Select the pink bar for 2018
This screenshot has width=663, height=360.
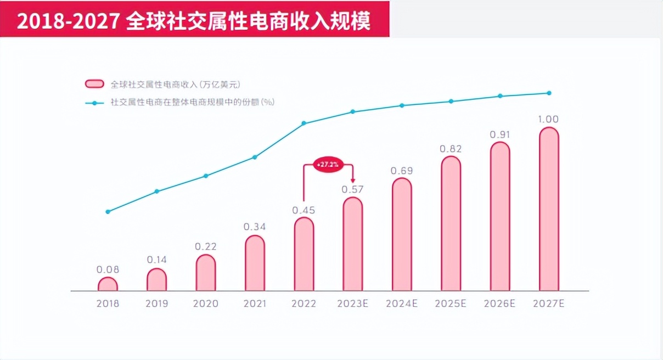click(x=108, y=284)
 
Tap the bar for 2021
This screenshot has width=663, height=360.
click(x=255, y=263)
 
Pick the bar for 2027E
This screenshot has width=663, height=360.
click(x=549, y=209)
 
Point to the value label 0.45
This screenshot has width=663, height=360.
click(x=304, y=210)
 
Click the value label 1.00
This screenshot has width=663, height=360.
click(x=549, y=120)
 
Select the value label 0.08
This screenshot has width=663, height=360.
click(x=108, y=269)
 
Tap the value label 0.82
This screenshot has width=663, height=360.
click(x=451, y=149)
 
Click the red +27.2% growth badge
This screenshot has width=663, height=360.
click(x=328, y=164)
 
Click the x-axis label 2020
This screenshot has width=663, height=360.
click(x=206, y=303)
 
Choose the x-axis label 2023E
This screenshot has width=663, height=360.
click(x=352, y=303)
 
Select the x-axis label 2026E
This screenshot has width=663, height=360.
click(x=499, y=303)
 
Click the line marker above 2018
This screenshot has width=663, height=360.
click(x=108, y=212)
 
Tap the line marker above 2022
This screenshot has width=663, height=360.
click(x=304, y=123)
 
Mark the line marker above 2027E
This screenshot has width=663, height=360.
click(x=549, y=93)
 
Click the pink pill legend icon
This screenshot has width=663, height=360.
click(x=95, y=84)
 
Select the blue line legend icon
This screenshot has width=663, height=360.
click(x=95, y=102)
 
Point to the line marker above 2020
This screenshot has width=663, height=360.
click(x=206, y=176)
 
